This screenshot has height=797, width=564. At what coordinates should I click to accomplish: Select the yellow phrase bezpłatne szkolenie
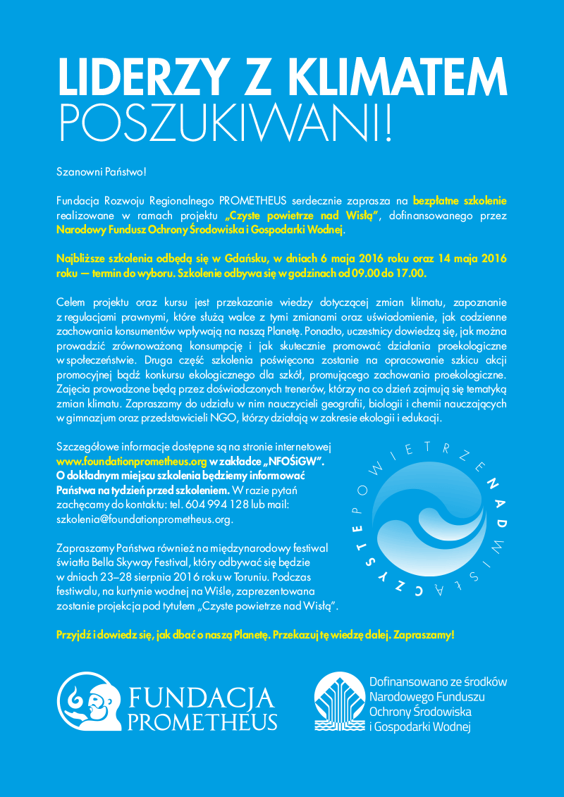click(x=460, y=201)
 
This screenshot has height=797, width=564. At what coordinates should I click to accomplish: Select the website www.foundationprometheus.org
click(x=131, y=462)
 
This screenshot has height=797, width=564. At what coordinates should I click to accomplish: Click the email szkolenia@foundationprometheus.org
click(x=145, y=519)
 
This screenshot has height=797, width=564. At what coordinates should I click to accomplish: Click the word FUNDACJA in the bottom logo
click(x=200, y=698)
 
